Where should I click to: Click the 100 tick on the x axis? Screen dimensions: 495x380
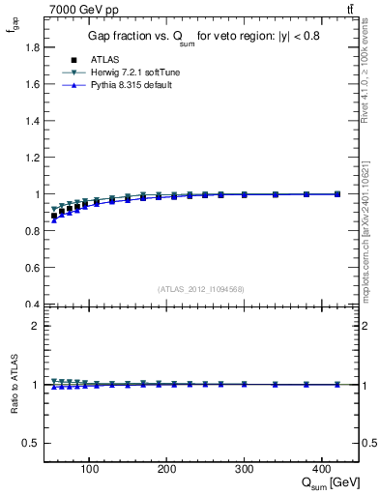coord(89,470)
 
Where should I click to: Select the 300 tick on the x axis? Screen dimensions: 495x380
coord(244,470)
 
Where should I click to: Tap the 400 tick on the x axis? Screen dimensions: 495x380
coord(321,470)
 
